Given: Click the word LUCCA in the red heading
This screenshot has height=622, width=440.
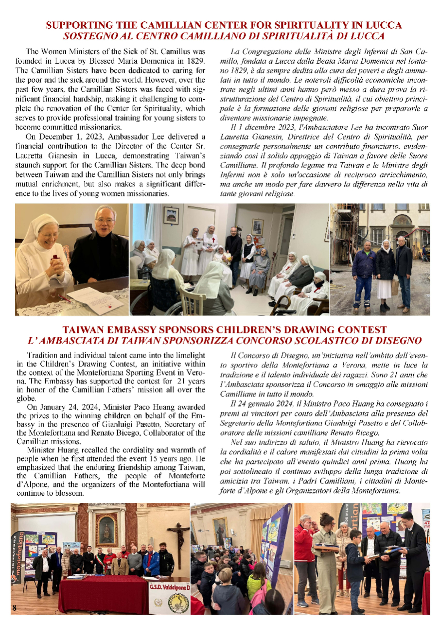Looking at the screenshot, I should click(381, 25).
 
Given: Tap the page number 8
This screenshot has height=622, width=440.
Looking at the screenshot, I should click(15, 608).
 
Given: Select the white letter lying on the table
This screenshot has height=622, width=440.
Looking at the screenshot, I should click(95, 294).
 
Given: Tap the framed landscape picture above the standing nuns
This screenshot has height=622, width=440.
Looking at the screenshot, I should click(171, 215).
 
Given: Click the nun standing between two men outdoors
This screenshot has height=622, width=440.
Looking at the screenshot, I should click(385, 272).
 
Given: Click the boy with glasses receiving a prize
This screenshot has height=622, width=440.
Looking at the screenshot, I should click(354, 569).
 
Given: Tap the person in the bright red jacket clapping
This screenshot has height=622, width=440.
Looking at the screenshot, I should click(305, 554).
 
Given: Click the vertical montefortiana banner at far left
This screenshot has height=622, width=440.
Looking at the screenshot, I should click(17, 554).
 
